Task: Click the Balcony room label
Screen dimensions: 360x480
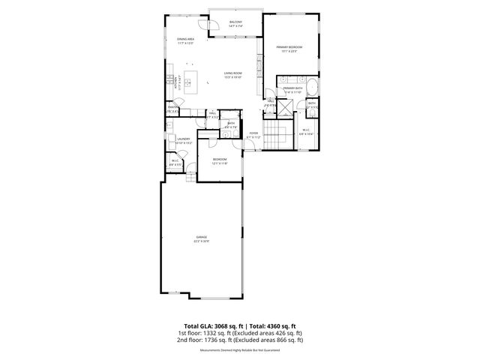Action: [235, 24]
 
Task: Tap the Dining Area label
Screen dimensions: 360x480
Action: [186, 40]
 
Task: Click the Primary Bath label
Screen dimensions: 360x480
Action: [292, 90]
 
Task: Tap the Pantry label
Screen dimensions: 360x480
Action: [172, 109]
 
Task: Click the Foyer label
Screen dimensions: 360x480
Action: [254, 135]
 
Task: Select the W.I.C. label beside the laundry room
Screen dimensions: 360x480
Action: [175, 160]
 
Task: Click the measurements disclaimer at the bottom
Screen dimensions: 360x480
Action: [240, 350]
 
